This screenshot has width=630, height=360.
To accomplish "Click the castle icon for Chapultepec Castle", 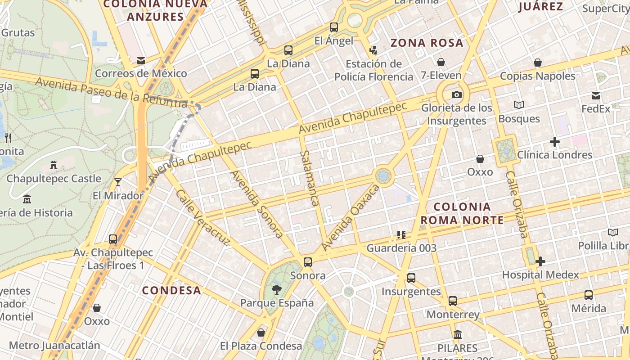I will (x=54, y=165).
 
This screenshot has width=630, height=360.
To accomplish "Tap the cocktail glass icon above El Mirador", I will (x=118, y=182).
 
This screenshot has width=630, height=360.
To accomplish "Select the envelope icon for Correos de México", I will (x=141, y=60).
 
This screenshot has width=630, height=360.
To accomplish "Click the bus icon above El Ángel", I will (x=333, y=27).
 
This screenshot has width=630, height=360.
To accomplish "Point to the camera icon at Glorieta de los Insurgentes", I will (x=457, y=94).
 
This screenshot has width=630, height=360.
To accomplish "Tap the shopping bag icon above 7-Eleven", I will (x=441, y=62).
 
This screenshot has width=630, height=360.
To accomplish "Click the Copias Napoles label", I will (x=538, y=76).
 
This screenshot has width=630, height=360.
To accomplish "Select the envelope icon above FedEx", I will (x=596, y=95).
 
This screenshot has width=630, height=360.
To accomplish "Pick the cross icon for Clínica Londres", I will (x=555, y=142).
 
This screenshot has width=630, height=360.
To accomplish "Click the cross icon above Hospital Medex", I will (x=540, y=261).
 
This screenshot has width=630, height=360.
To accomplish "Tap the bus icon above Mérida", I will (x=589, y=295).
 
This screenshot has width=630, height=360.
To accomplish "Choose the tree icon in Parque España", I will (x=277, y=289).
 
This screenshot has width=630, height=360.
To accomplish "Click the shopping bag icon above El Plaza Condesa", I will (x=261, y=333).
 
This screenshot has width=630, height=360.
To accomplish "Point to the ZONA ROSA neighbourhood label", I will (x=427, y=43).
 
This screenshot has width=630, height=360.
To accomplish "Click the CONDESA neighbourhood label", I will (x=171, y=290).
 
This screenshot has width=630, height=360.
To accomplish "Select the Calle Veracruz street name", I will (x=203, y=218).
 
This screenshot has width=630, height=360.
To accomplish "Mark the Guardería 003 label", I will (x=401, y=248).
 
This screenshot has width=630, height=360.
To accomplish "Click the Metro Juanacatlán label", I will (x=54, y=346).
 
